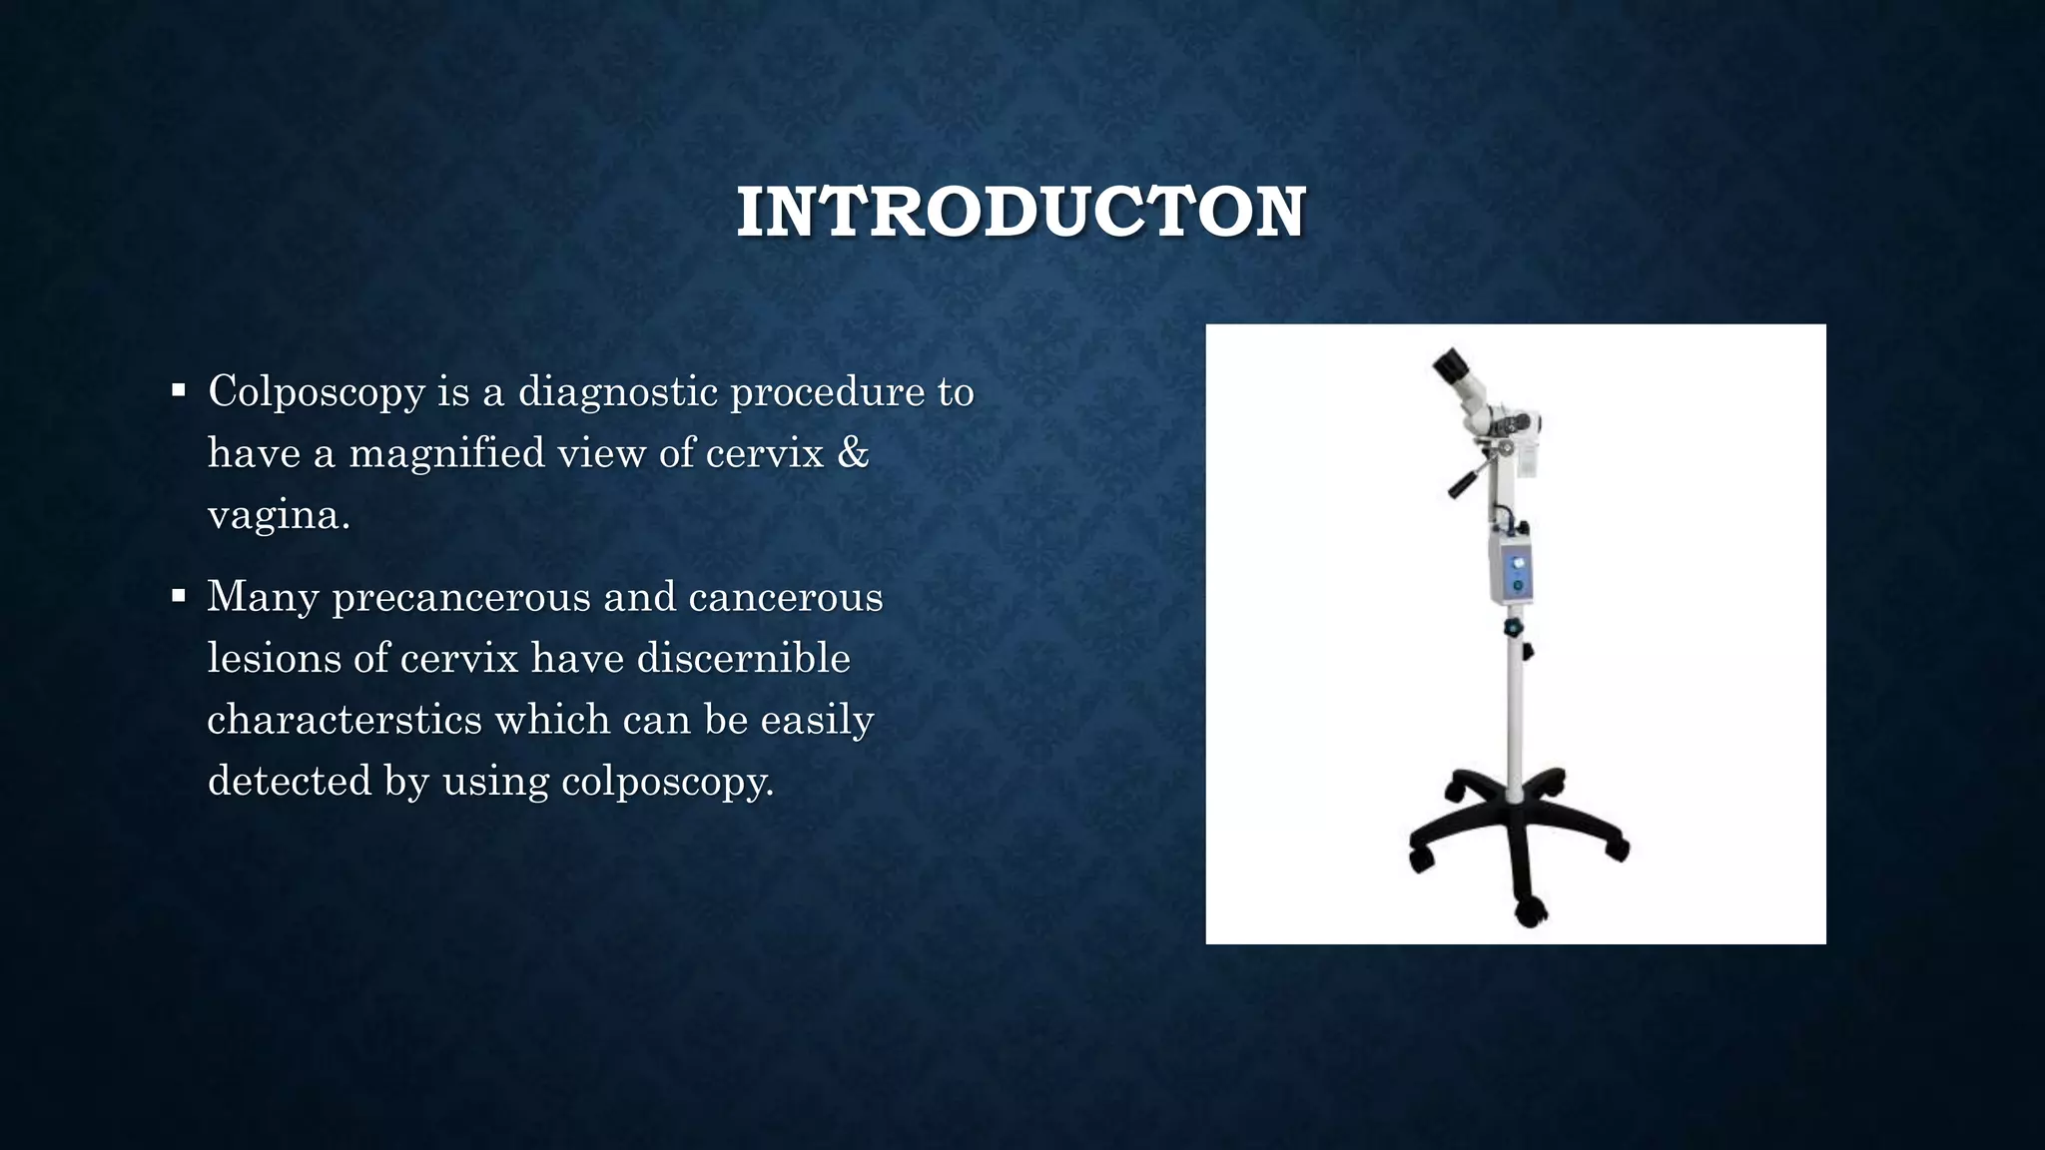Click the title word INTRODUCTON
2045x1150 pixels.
pyautogui.click(x=1021, y=212)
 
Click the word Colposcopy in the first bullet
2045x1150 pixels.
pyautogui.click(x=316, y=391)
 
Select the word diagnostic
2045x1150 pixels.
pyautogui.click(x=617, y=391)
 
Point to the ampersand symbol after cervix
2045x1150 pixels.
pyautogui.click(x=853, y=452)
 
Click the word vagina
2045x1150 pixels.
pyautogui.click(x=278, y=515)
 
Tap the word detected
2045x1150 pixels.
pyautogui.click(x=289, y=781)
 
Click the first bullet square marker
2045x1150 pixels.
pyautogui.click(x=179, y=390)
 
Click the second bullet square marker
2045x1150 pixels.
pyautogui.click(x=179, y=596)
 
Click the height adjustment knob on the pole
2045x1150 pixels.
pyautogui.click(x=1515, y=628)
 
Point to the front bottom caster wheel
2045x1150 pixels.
pyautogui.click(x=1530, y=909)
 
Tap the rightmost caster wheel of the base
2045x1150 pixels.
pyautogui.click(x=1618, y=850)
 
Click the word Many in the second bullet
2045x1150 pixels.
pyautogui.click(x=263, y=597)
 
